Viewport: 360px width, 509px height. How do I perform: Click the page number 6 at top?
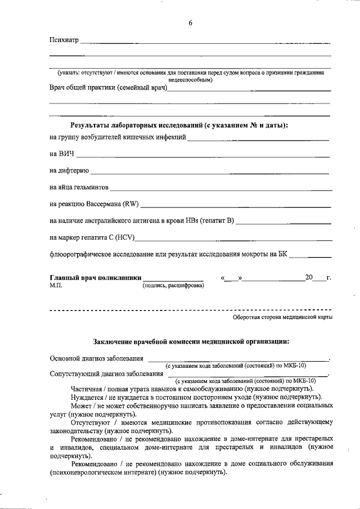pos(191,23)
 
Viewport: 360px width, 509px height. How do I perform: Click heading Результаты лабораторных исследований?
pos(178,125)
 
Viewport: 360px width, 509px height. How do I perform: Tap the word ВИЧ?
pos(66,154)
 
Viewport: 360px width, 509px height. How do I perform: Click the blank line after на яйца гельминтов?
pos(219,188)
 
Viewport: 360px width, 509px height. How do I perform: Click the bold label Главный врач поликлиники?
pos(94,278)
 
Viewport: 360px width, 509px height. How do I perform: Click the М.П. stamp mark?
pos(55,286)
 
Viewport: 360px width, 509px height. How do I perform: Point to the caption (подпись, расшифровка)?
pos(172,286)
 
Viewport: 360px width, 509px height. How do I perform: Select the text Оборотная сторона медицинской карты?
pos(282,317)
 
